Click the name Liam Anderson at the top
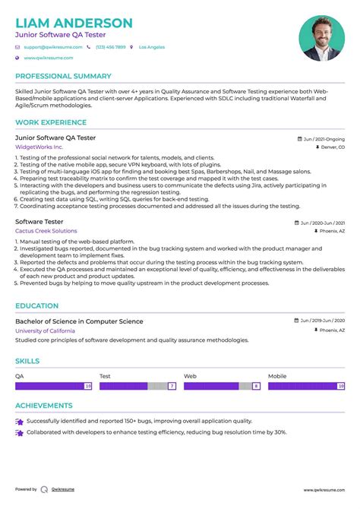pos(74,23)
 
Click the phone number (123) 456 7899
pos(110,47)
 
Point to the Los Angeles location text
pos(151,47)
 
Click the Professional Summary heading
pos(63,76)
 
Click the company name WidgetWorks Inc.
pos(39,147)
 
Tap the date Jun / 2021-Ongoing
pos(324,139)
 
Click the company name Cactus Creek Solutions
pos(46,231)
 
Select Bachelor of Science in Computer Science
pos(79,321)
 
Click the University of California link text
pos(45,330)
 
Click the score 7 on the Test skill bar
pos(172,386)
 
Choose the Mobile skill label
pos(277,376)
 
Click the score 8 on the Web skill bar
pos(256,386)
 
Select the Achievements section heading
pos(44,406)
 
